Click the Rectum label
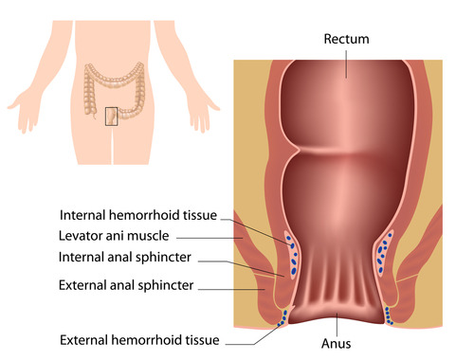pyautogui.click(x=346, y=39)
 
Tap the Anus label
pyautogui.click(x=336, y=344)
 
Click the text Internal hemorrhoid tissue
pyautogui.click(x=138, y=215)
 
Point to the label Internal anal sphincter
pyautogui.click(x=125, y=258)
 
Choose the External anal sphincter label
pyautogui.click(x=126, y=285)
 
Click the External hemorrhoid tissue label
pyautogui.click(x=139, y=340)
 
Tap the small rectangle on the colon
pyautogui.click(x=111, y=117)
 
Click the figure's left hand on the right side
pyautogui.click(x=201, y=116)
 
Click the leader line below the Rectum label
pyautogui.click(x=346, y=64)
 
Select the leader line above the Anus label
pyautogui.click(x=337, y=324)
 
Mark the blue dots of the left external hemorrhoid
pyautogui.click(x=283, y=318)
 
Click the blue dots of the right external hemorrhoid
pyautogui.click(x=389, y=315)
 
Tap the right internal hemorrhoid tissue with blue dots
pyautogui.click(x=383, y=255)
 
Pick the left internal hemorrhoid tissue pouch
pyautogui.click(x=292, y=255)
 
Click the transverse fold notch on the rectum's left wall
pyautogui.click(x=297, y=150)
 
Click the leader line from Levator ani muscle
pyautogui.click(x=210, y=238)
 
